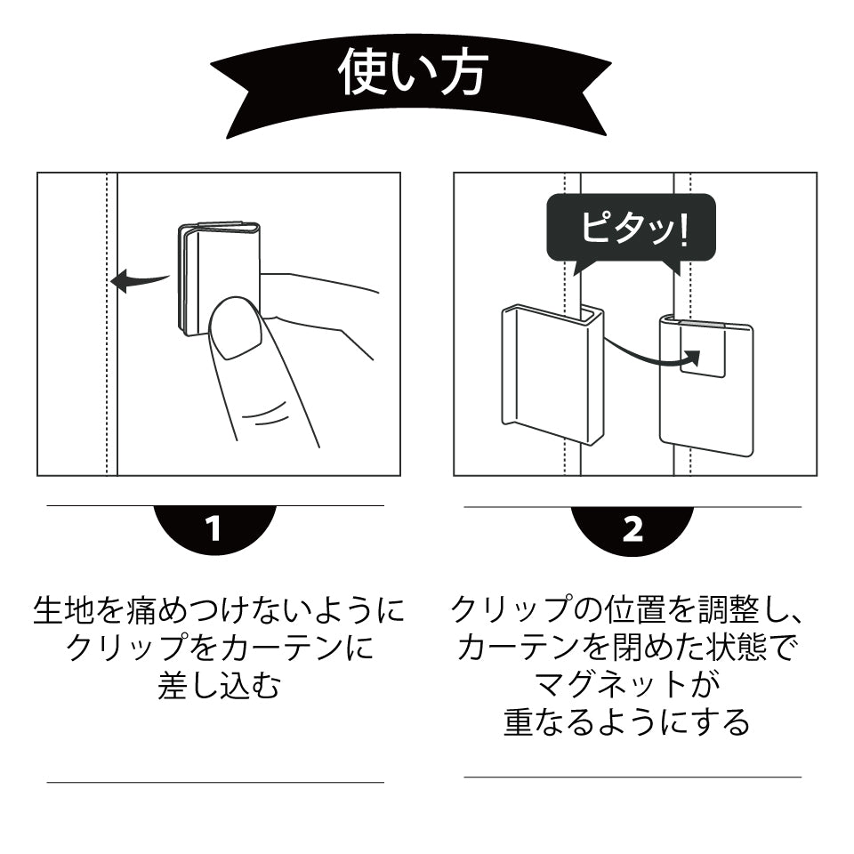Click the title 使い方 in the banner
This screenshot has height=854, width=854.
(412, 74)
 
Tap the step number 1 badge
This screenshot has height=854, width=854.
(213, 528)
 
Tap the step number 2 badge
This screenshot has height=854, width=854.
(632, 528)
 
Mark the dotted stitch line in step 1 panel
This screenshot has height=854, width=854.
(108, 374)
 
